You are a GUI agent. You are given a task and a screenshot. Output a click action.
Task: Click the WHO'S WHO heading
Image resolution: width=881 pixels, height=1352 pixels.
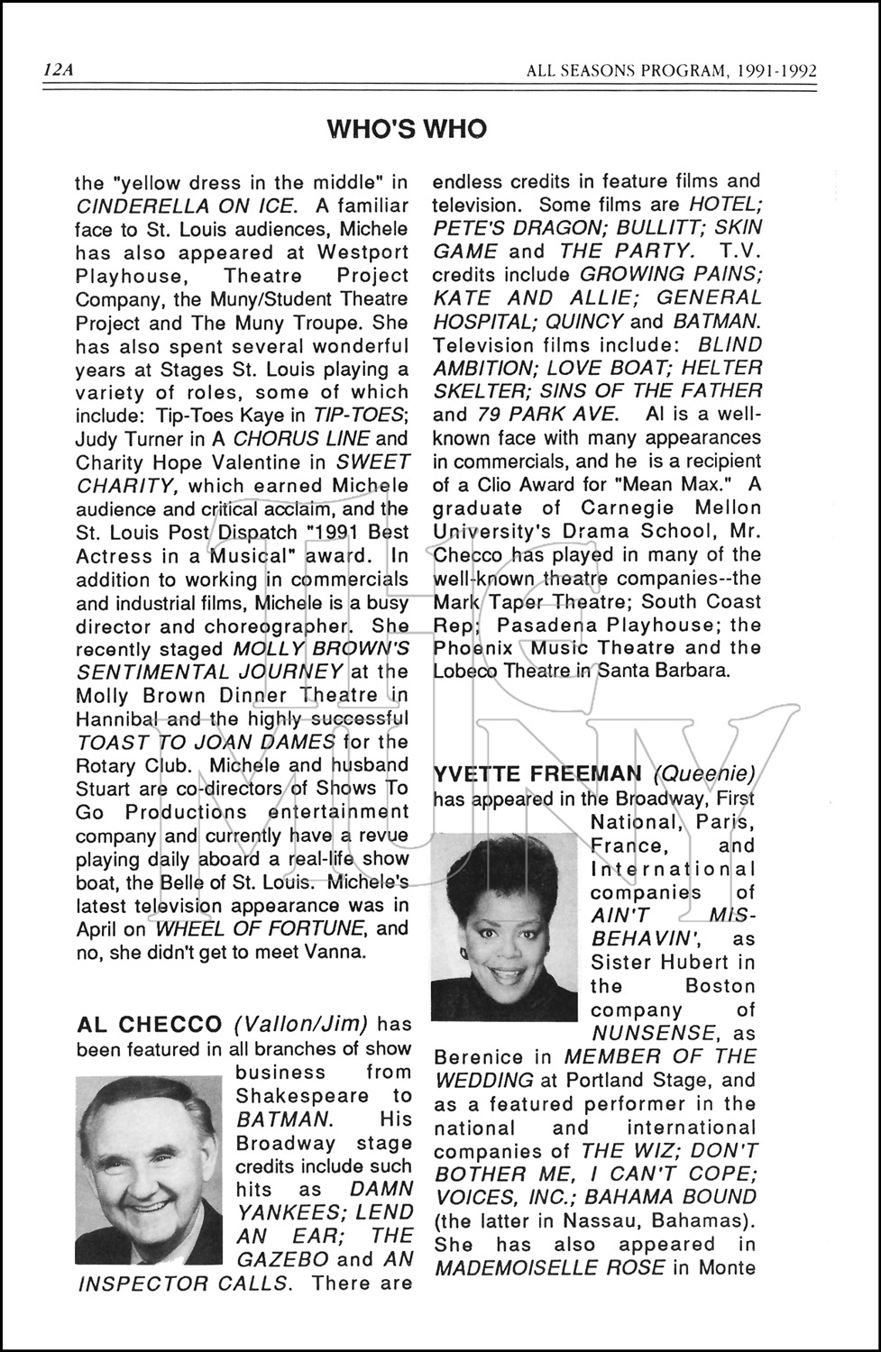407,129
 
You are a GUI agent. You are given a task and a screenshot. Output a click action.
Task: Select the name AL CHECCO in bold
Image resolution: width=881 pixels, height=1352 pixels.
150,1025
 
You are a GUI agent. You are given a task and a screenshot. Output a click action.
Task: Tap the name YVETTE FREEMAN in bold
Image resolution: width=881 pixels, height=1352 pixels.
538,774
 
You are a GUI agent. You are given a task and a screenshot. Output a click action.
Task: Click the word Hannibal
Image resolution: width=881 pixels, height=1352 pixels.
117,719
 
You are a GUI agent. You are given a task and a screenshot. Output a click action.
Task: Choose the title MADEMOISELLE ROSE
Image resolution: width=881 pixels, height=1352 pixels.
549,1268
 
